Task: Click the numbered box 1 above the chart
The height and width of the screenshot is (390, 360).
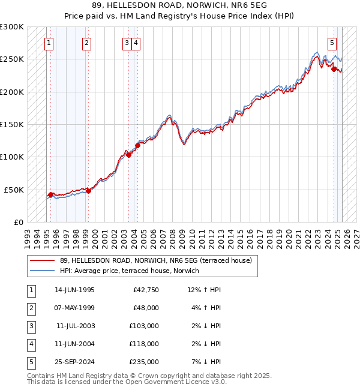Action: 48,43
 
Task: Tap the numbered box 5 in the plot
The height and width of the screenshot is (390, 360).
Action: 332,43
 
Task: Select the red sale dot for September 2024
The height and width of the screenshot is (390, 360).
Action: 334,69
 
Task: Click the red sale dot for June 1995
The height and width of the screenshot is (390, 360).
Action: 50,194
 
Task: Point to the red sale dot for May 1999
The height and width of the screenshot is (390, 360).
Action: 88,191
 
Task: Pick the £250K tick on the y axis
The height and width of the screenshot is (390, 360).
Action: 12,59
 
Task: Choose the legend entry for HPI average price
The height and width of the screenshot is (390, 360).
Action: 129,271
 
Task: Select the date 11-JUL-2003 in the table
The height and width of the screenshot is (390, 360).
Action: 74,326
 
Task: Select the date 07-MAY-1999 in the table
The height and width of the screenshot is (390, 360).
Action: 74,308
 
